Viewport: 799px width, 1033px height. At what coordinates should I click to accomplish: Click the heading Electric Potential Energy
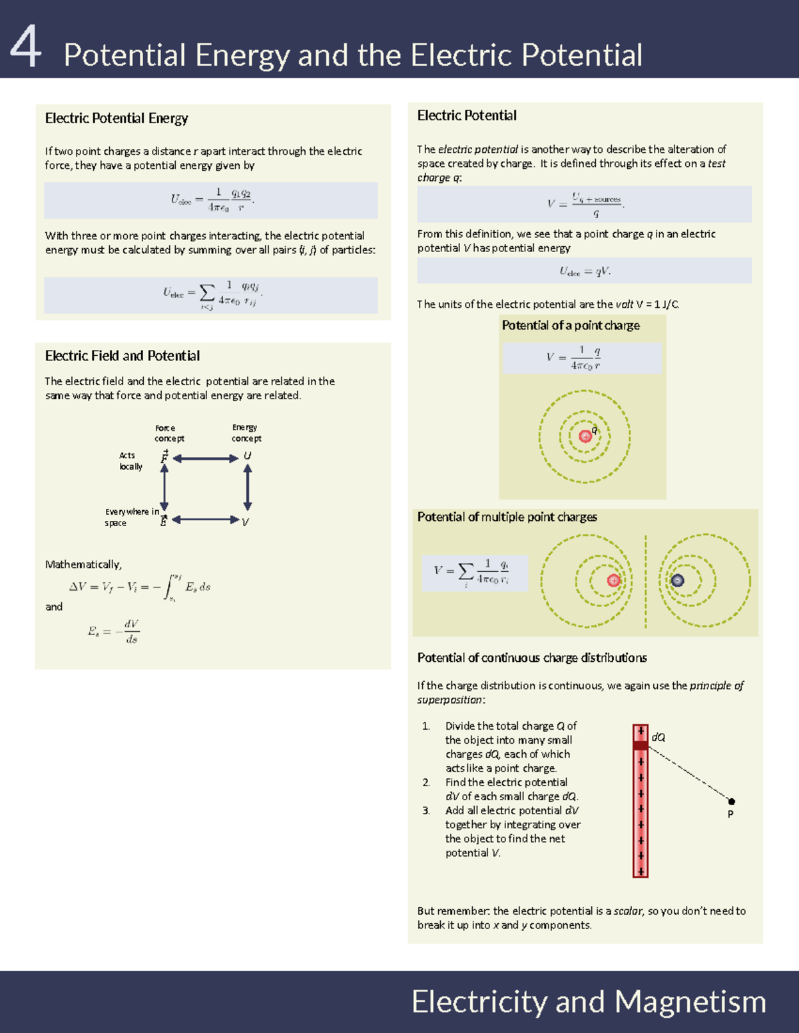(116, 118)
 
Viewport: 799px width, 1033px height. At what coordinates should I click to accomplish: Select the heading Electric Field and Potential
(122, 356)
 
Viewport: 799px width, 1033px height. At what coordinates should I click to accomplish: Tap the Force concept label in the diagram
(168, 433)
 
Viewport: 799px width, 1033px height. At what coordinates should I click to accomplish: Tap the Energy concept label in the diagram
(246, 433)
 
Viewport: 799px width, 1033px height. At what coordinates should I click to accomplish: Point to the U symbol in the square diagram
(247, 456)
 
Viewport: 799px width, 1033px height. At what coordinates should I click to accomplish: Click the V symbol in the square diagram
(245, 522)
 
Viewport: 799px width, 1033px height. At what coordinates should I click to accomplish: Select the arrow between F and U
(205, 458)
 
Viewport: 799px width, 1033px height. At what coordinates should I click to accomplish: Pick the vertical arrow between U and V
(248, 488)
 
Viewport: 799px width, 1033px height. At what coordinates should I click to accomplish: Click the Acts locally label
(130, 461)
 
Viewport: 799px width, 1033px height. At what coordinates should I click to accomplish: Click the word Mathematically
(83, 565)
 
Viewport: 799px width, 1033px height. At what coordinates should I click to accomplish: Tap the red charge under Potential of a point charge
(585, 436)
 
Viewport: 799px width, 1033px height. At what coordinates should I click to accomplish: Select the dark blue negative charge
(677, 580)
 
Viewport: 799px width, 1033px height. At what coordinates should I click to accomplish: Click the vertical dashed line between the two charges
(645, 581)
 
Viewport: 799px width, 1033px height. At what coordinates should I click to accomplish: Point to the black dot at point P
(731, 802)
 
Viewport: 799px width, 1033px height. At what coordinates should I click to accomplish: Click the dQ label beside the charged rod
(658, 738)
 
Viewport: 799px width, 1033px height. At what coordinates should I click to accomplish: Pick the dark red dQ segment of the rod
(641, 746)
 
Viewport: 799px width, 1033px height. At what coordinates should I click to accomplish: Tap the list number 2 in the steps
(426, 783)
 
